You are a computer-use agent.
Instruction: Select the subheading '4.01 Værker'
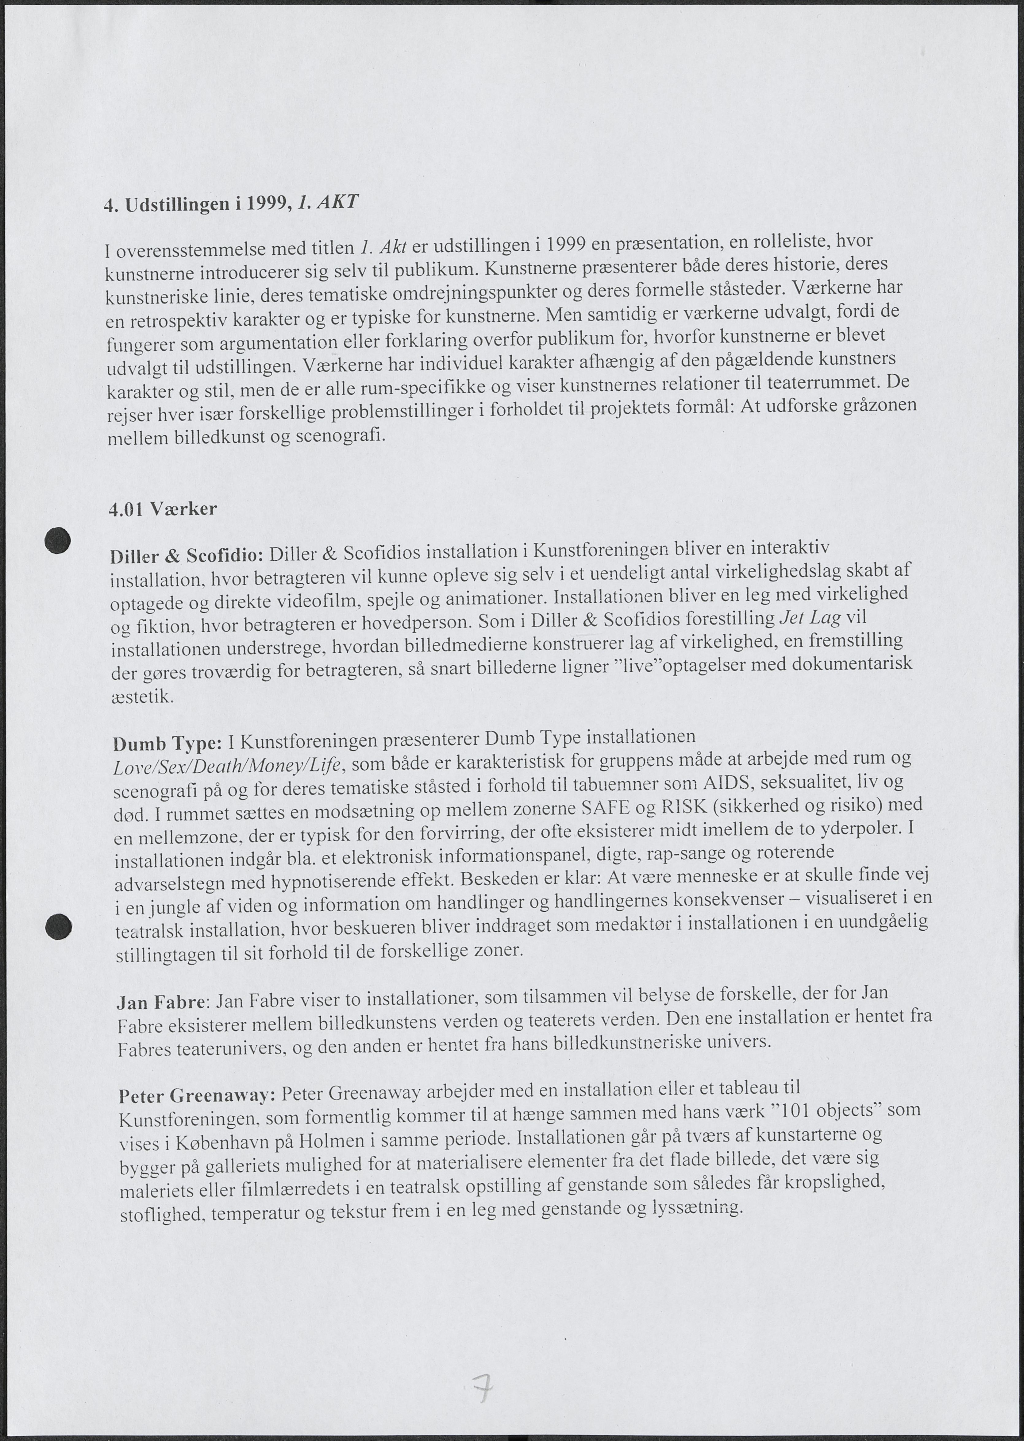(163, 509)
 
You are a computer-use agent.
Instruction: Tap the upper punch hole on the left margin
(57, 540)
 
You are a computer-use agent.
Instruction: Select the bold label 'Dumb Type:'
(167, 744)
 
